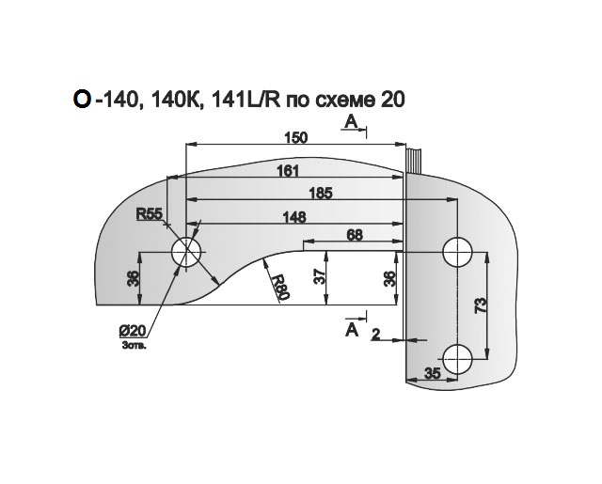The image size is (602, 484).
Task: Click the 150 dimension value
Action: [x=296, y=137]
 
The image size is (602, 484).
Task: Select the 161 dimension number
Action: [x=288, y=170]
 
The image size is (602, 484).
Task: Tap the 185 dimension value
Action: [x=321, y=194]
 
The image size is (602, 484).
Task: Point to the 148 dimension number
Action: [x=294, y=217]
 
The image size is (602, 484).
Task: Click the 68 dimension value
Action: [x=355, y=234]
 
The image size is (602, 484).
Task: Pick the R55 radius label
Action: [x=150, y=214]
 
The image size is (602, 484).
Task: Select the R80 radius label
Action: [x=280, y=287]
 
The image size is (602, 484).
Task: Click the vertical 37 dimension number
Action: [x=320, y=276]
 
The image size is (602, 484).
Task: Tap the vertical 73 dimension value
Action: [x=481, y=304]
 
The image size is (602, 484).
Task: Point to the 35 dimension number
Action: [x=433, y=373]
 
